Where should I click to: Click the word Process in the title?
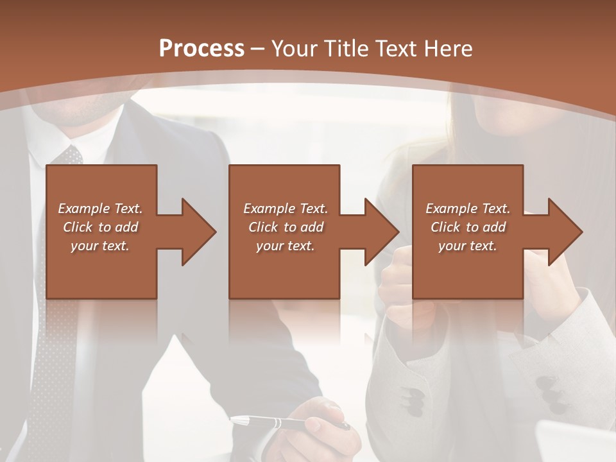[x=201, y=48]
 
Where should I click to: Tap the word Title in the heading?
[x=346, y=49]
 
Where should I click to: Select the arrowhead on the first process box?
[x=196, y=232]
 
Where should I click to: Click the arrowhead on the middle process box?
[x=379, y=232]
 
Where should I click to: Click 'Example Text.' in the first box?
[x=100, y=209]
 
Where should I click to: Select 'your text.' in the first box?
[x=100, y=246]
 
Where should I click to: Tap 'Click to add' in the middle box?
[x=286, y=227]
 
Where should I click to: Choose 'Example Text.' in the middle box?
[x=286, y=209]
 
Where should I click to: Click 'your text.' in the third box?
[x=468, y=246]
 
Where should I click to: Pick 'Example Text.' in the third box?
[x=468, y=209]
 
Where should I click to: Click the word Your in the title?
[x=295, y=49]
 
